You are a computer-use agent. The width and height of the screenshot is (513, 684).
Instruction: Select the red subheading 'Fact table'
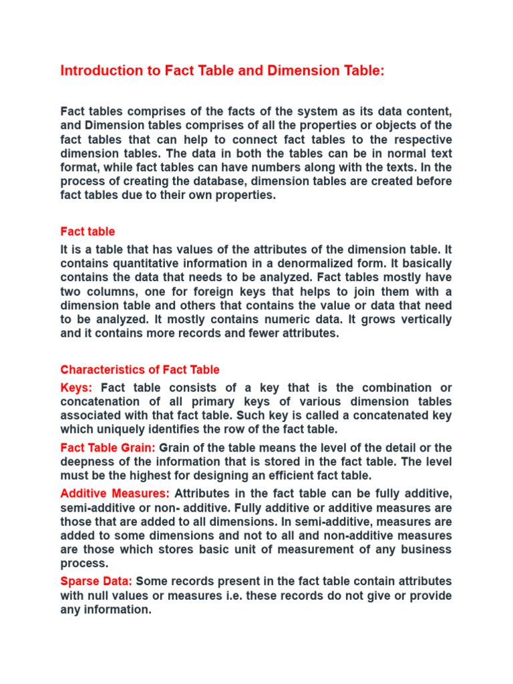pos(88,232)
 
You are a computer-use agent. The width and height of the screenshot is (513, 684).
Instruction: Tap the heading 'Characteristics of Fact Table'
pos(140,369)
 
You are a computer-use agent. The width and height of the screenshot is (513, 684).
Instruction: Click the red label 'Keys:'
pos(77,387)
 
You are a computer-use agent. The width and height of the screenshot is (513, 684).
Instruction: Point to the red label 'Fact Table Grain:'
pos(108,447)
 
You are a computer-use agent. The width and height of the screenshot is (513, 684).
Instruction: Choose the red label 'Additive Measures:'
pos(115,493)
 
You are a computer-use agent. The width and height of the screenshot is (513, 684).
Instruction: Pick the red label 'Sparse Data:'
pos(96,581)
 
